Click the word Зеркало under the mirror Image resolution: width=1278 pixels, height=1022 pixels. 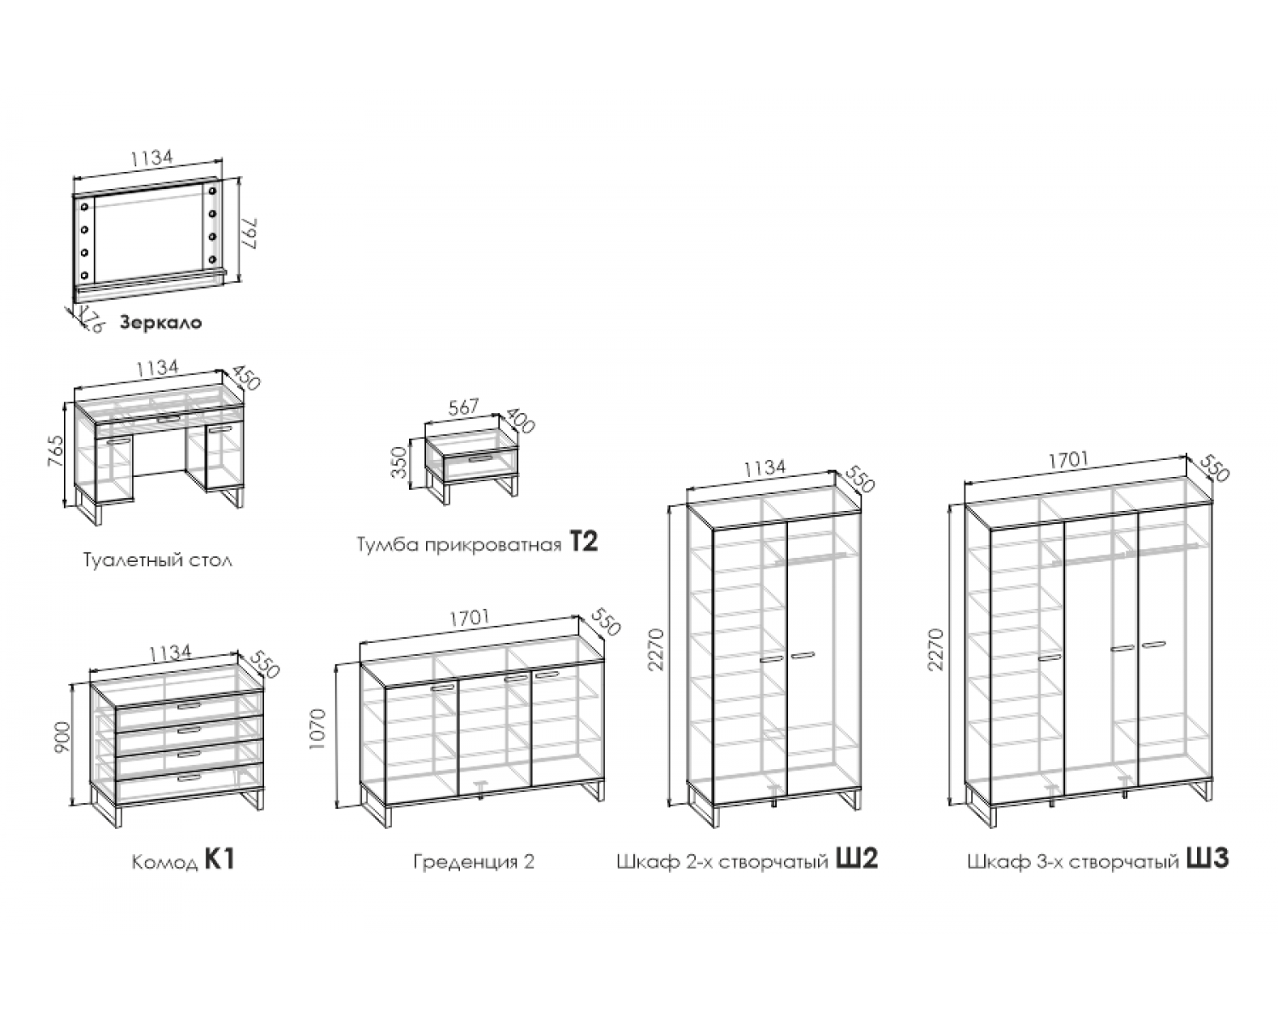(161, 323)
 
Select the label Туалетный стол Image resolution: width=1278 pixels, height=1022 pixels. (158, 560)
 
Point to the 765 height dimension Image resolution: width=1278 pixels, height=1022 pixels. (55, 451)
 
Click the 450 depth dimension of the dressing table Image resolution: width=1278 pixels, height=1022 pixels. (246, 377)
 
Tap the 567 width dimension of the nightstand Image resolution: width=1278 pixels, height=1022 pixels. (463, 406)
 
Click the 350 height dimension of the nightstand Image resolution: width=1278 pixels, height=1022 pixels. (400, 462)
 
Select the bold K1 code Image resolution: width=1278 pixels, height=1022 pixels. (221, 859)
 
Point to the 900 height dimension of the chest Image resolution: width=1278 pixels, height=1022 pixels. (62, 737)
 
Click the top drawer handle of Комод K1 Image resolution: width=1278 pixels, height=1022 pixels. (189, 705)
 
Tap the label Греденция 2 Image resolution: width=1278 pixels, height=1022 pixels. (474, 861)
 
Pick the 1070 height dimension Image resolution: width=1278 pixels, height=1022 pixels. (319, 728)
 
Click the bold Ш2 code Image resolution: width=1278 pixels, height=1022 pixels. (856, 858)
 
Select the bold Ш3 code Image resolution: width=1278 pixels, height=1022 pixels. (1208, 858)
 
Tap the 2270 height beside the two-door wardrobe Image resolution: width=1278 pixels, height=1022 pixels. (656, 650)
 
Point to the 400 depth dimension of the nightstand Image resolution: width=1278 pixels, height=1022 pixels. (520, 419)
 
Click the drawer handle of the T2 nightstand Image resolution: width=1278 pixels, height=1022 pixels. (481, 458)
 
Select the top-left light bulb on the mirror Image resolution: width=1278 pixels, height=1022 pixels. (84, 207)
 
